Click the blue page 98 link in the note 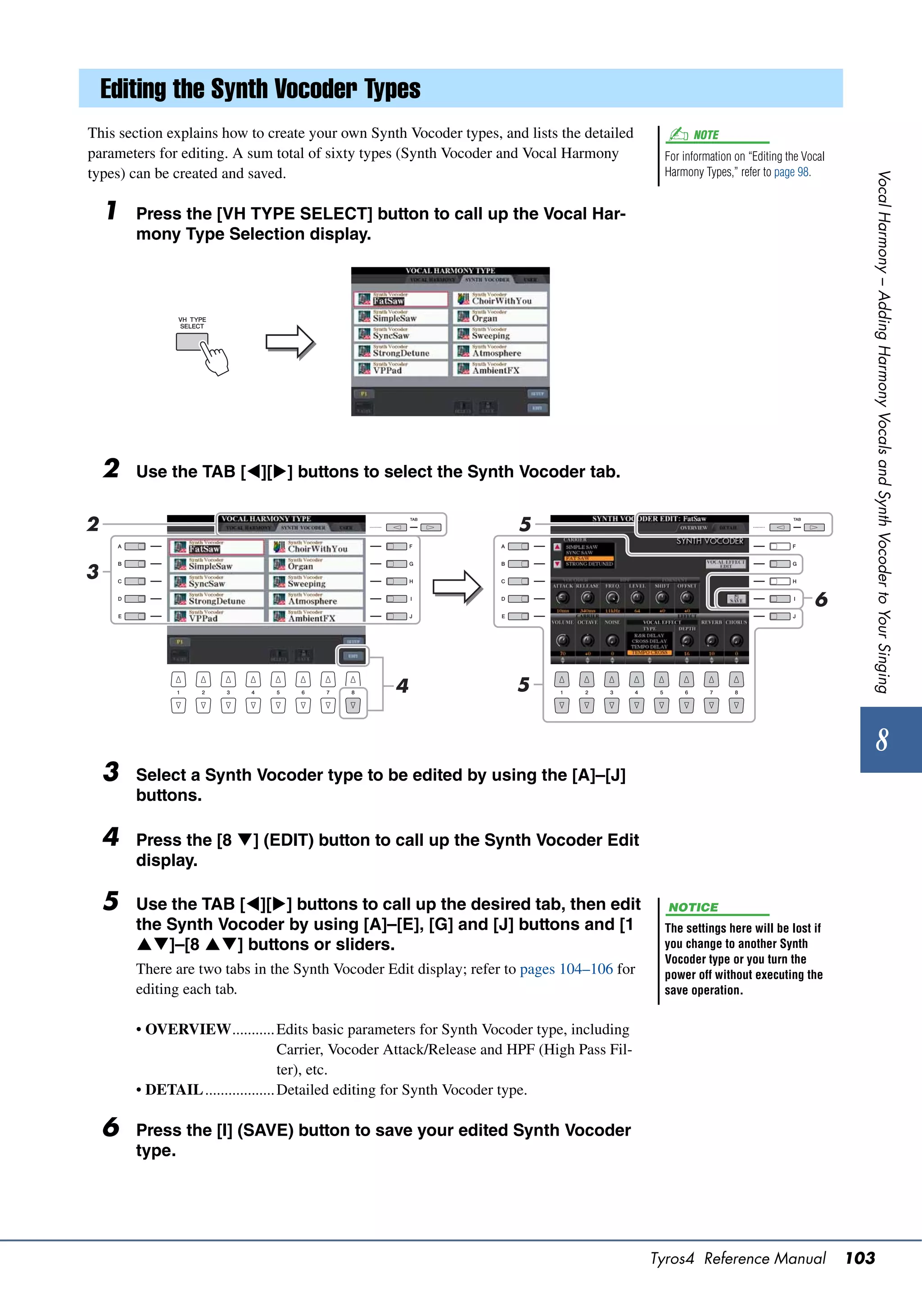click(x=791, y=172)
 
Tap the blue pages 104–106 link click(x=566, y=969)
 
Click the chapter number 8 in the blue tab click(x=881, y=740)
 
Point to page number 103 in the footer click(x=859, y=1258)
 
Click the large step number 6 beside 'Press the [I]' click(x=111, y=1128)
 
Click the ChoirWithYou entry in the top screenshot click(x=501, y=299)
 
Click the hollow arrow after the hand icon click(x=290, y=342)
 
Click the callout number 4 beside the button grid click(x=402, y=686)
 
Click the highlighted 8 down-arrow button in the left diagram click(x=353, y=705)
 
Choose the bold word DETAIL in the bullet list click(x=174, y=1090)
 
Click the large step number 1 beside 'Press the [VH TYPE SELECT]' click(x=112, y=211)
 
